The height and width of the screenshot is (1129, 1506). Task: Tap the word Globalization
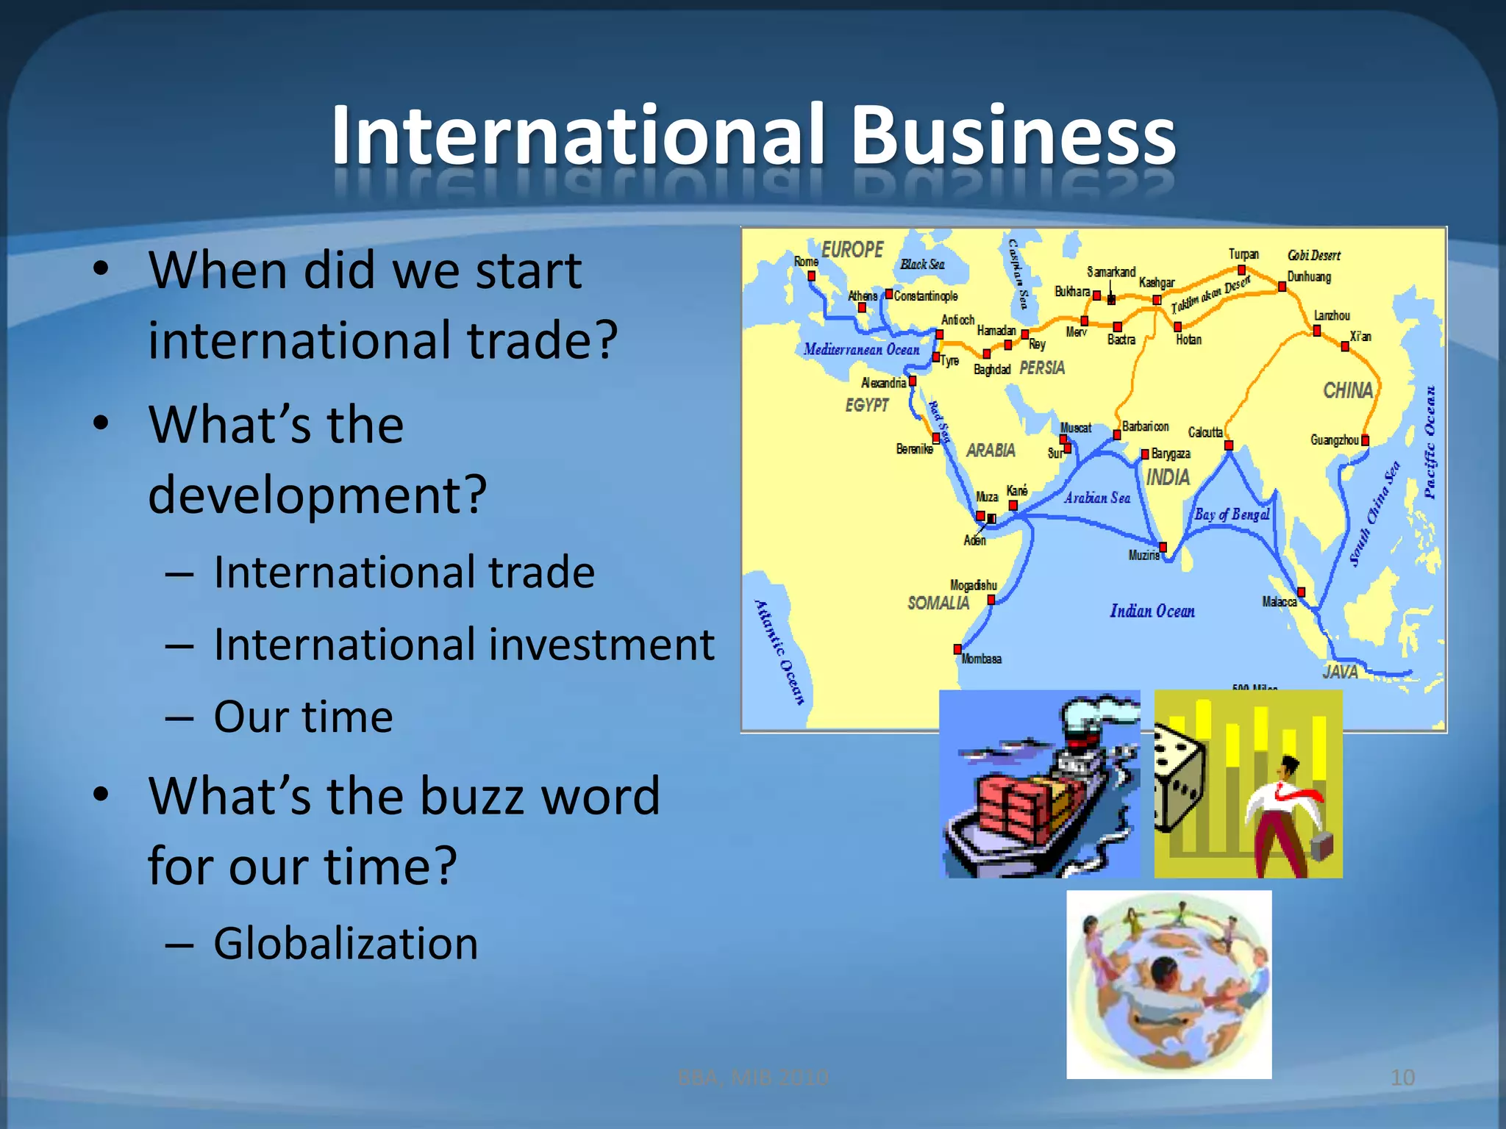tap(346, 943)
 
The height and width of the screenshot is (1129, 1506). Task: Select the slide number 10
tap(1402, 1078)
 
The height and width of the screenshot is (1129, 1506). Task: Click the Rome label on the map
tap(805, 262)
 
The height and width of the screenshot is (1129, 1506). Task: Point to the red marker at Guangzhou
tap(1365, 440)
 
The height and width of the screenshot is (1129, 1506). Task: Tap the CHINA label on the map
tap(1347, 390)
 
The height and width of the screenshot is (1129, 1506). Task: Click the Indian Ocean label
tap(1152, 611)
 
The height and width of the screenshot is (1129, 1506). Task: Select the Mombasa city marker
tap(957, 649)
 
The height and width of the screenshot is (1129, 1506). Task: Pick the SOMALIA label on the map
tap(938, 603)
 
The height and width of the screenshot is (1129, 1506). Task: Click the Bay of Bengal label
tap(1232, 515)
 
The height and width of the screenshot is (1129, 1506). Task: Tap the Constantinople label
tap(926, 296)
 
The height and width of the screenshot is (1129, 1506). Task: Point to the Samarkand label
tap(1111, 272)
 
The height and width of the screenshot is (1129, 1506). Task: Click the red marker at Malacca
tap(1301, 592)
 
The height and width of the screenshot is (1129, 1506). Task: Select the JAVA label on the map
tap(1340, 671)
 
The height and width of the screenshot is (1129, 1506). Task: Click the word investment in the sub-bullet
tap(602, 645)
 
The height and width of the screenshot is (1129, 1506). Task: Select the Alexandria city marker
tap(912, 381)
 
